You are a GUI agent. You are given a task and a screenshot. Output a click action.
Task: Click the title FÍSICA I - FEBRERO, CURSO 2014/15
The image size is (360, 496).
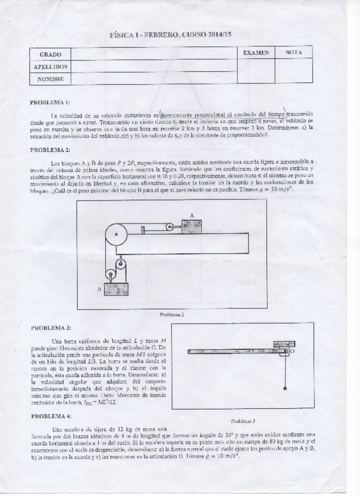[171, 36]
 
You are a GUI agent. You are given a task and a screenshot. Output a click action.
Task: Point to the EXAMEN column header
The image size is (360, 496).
[255, 53]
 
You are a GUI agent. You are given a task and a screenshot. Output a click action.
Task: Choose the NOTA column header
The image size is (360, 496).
[293, 53]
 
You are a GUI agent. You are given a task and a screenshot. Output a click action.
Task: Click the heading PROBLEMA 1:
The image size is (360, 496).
[50, 102]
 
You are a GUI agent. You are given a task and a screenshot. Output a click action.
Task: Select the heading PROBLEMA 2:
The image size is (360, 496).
[50, 150]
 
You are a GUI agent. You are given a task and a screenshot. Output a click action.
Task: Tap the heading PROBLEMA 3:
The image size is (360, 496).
[50, 328]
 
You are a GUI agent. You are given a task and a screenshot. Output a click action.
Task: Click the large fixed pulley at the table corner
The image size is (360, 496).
[116, 235]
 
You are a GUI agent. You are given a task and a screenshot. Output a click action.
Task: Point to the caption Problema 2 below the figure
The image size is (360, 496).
[172, 314]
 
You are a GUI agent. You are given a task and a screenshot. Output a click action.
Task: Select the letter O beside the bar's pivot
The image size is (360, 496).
[292, 352]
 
